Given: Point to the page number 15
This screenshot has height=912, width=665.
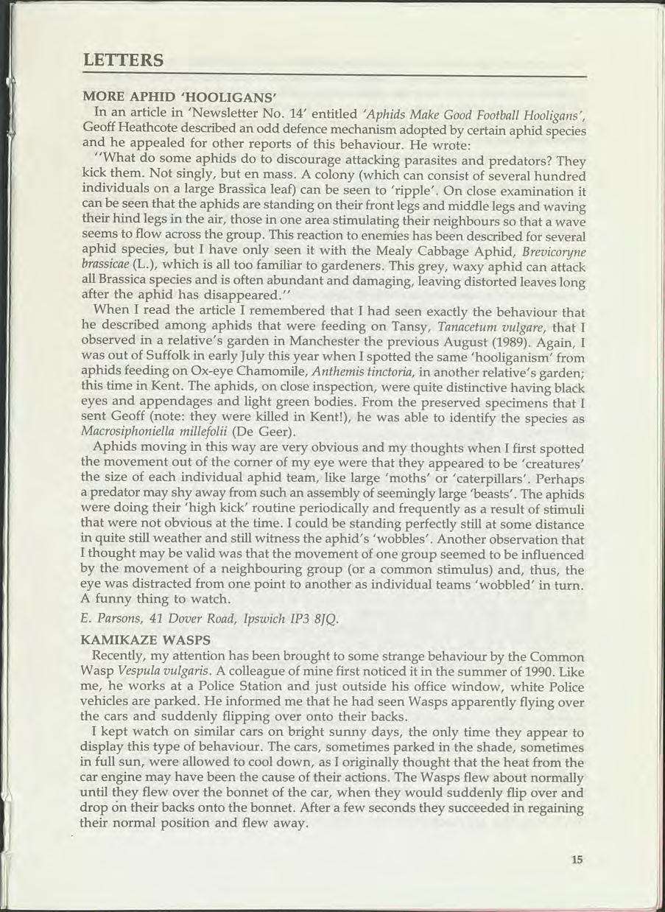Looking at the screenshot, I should [x=576, y=858].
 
